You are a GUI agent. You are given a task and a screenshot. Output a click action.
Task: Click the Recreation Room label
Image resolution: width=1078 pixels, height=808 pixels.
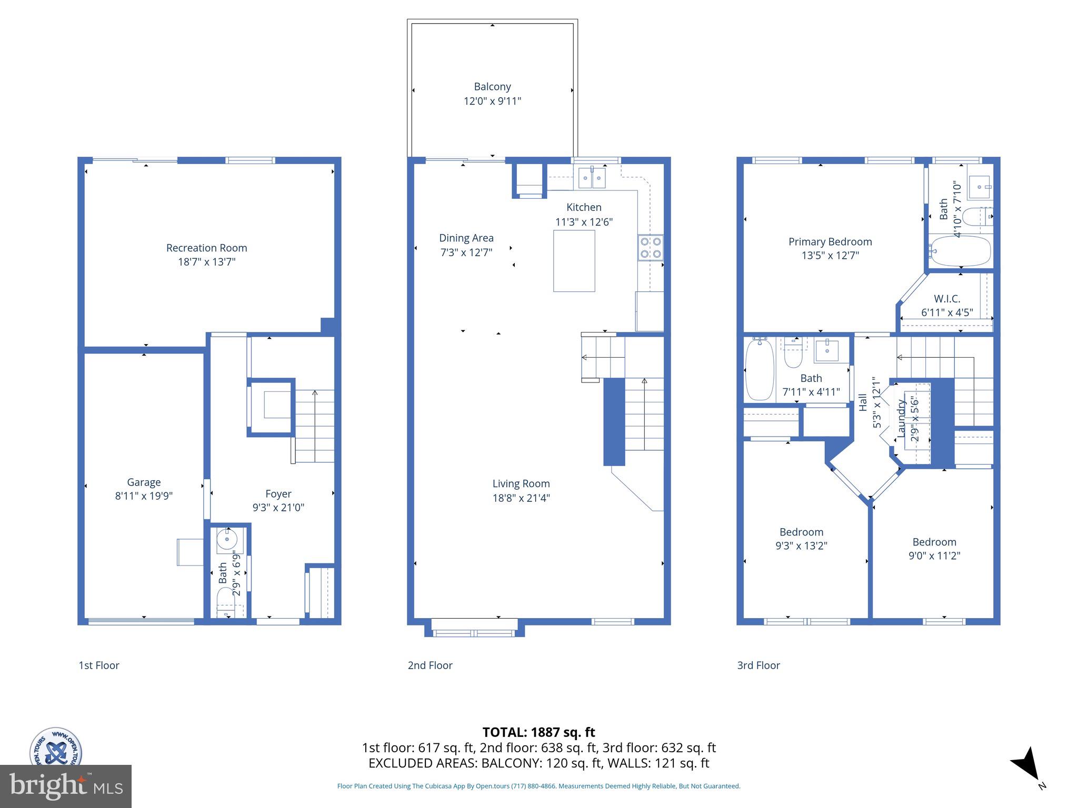[206, 248]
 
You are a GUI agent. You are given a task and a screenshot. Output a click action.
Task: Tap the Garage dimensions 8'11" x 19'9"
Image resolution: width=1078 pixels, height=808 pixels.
[144, 496]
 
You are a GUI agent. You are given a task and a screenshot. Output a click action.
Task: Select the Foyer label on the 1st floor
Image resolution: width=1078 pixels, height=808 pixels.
[278, 493]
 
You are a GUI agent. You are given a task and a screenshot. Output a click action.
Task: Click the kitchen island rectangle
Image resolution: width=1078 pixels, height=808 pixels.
[574, 261]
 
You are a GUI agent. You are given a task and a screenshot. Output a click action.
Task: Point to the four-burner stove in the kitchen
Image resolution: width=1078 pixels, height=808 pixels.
[651, 247]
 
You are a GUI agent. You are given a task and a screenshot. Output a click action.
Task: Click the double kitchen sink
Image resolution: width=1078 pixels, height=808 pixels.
[592, 178]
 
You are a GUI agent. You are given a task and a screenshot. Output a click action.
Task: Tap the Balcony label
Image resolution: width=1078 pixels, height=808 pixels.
[492, 87]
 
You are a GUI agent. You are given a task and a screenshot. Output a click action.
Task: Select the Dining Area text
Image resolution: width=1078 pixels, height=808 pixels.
[466, 238]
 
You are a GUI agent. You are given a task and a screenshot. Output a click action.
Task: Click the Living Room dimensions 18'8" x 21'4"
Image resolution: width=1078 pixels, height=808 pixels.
[521, 498]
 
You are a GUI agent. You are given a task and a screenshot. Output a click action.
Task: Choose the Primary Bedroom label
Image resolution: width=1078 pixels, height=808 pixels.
[830, 241]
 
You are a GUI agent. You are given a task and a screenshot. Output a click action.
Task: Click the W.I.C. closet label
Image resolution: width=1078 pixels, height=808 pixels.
[947, 299]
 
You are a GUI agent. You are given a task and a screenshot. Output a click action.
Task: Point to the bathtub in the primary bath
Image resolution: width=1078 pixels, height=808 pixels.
[961, 251]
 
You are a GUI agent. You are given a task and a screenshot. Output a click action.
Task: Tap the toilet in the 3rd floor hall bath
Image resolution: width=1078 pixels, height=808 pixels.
[793, 355]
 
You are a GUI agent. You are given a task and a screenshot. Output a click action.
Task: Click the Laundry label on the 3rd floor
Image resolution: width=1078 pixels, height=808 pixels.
[901, 419]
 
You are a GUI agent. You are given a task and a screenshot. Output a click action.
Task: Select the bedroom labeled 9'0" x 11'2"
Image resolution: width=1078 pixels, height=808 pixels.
[934, 549]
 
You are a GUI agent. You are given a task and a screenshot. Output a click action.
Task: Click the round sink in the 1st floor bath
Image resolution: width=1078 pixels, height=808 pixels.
[227, 539]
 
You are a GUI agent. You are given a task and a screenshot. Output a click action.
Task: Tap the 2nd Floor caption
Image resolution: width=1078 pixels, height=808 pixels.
[430, 665]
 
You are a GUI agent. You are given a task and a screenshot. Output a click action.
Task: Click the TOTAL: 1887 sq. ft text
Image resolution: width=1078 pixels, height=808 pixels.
[538, 732]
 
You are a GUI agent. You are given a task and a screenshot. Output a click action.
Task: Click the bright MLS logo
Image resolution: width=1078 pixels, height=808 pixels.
[65, 786]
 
